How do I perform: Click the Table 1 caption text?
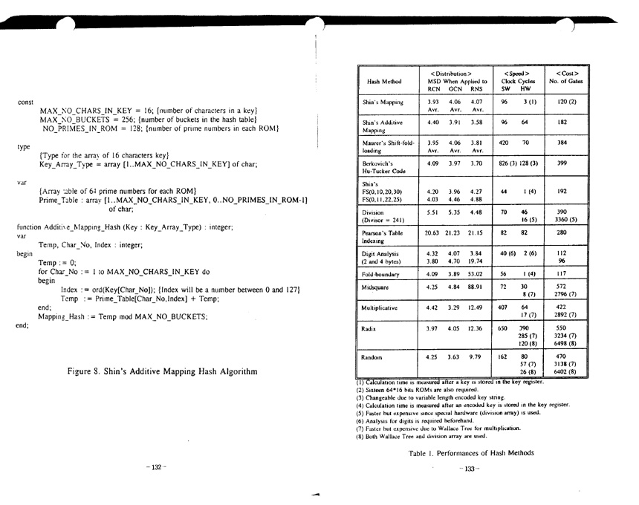(x=470, y=452)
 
